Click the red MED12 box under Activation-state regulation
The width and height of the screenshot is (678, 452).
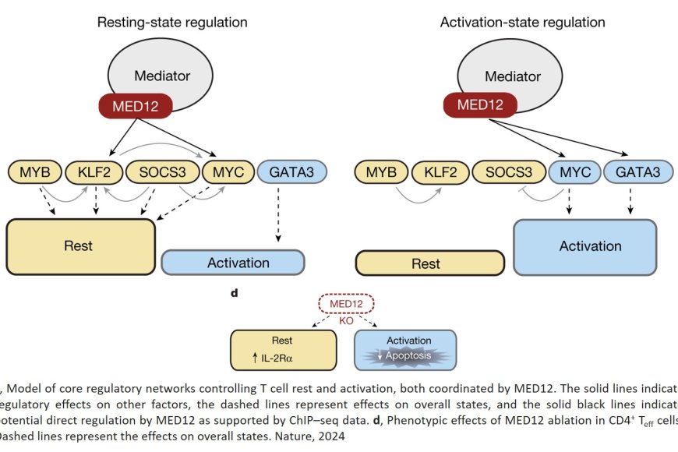[482, 104]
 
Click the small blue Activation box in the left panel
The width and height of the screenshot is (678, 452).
[232, 263]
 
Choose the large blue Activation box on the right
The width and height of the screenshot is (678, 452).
[590, 246]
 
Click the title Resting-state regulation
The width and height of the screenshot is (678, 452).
[172, 22]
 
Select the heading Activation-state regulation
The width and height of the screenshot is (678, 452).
[523, 22]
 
